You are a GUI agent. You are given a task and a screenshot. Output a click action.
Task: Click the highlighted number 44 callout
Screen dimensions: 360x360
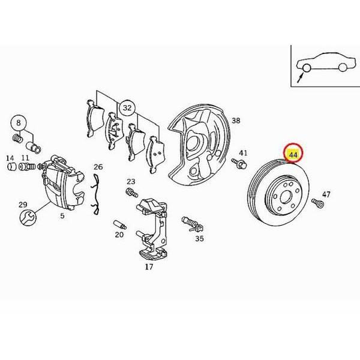point(293,155)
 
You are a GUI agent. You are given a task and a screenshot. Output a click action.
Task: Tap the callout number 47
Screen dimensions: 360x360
point(326,194)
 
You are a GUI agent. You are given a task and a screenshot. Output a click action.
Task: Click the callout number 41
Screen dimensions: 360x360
point(244,153)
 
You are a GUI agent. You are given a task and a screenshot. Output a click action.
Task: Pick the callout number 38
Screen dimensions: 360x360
point(236,121)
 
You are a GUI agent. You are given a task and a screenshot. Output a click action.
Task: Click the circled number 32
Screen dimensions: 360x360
point(127,108)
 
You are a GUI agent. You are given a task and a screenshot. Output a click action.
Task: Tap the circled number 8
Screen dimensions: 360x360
point(19,122)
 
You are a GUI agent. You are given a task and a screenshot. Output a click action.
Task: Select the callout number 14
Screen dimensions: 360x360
point(10,158)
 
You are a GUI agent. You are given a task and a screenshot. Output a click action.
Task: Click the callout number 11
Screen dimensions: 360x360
point(25,158)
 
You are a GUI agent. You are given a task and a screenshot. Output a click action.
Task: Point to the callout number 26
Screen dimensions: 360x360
point(98,167)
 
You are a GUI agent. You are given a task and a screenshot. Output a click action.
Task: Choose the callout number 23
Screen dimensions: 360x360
point(131,181)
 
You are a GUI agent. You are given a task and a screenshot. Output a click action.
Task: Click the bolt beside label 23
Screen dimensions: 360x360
point(128,193)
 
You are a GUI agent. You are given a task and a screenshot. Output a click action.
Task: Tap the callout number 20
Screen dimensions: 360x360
point(119,235)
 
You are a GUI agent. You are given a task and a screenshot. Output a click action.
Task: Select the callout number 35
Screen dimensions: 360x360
point(199,238)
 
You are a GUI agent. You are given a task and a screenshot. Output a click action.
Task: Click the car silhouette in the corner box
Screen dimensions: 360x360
point(324,66)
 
